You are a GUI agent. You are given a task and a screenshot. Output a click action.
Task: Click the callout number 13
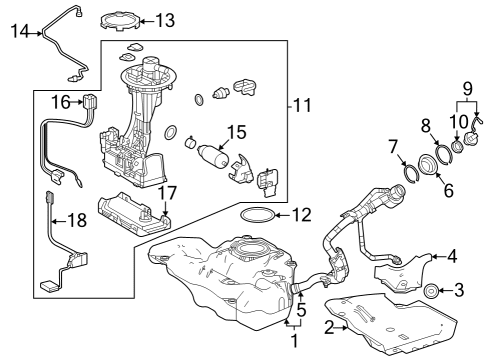tap(165, 20)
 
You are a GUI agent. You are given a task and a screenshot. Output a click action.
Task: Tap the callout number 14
tap(20, 32)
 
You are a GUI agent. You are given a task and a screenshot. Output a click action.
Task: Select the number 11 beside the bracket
tap(302, 105)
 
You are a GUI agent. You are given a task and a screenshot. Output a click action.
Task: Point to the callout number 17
tap(167, 194)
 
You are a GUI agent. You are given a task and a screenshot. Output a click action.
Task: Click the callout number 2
tap(329, 328)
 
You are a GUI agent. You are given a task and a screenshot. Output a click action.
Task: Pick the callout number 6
tap(449, 190)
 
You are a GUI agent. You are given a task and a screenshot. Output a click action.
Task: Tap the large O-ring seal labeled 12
tap(258, 215)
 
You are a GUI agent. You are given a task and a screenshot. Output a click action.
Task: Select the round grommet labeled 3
tap(431, 291)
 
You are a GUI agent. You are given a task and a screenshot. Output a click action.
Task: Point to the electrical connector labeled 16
tap(90, 102)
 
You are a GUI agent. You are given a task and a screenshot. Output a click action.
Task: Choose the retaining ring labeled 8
tap(444, 153)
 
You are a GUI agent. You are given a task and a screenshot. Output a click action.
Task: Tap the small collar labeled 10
tap(457, 147)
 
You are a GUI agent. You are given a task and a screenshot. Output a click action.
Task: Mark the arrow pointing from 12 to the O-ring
tap(283, 215)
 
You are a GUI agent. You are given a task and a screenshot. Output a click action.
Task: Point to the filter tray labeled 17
tap(134, 214)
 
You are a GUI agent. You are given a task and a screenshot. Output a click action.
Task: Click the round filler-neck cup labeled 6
tap(427, 164)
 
